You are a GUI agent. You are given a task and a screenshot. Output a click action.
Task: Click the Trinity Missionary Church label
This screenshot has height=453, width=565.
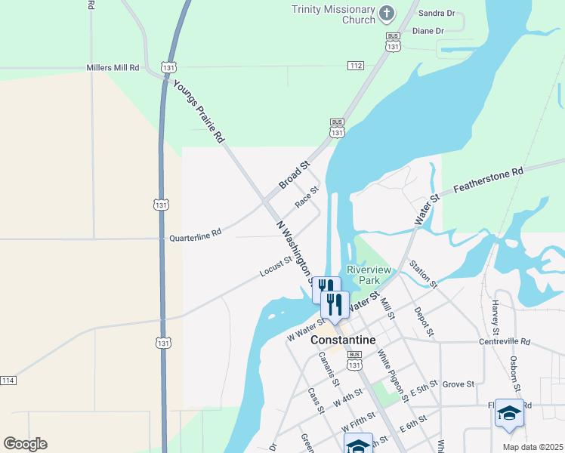(333, 14)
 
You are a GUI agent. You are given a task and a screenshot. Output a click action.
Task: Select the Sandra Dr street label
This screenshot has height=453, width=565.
(437, 13)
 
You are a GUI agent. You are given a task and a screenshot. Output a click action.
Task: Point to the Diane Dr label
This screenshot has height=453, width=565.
(428, 31)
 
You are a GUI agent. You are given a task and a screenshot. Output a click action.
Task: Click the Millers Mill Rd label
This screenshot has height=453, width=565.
(113, 67)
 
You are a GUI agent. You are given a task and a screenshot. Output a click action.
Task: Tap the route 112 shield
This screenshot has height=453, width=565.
(356, 66)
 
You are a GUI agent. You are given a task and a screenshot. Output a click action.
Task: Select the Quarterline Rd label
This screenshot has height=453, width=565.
(195, 236)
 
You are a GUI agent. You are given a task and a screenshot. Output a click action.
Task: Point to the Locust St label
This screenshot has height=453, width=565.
(276, 266)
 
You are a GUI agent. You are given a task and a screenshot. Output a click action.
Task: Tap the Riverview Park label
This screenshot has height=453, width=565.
(369, 275)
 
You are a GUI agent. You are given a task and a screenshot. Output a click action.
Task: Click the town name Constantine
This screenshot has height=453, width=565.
(343, 341)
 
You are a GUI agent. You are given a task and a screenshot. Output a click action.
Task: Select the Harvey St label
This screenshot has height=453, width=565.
(496, 318)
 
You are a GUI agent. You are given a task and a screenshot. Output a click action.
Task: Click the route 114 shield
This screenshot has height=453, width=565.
(8, 380)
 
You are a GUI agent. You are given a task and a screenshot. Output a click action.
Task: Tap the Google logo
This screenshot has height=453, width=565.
(25, 444)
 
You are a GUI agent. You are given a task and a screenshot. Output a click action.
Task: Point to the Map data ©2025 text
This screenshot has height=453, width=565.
(532, 446)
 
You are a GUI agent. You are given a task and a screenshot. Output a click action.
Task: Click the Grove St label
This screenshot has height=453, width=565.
(458, 384)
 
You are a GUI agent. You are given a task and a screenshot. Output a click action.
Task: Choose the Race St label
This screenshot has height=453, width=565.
(307, 197)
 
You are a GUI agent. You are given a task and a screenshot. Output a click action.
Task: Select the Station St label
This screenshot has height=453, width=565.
(422, 274)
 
